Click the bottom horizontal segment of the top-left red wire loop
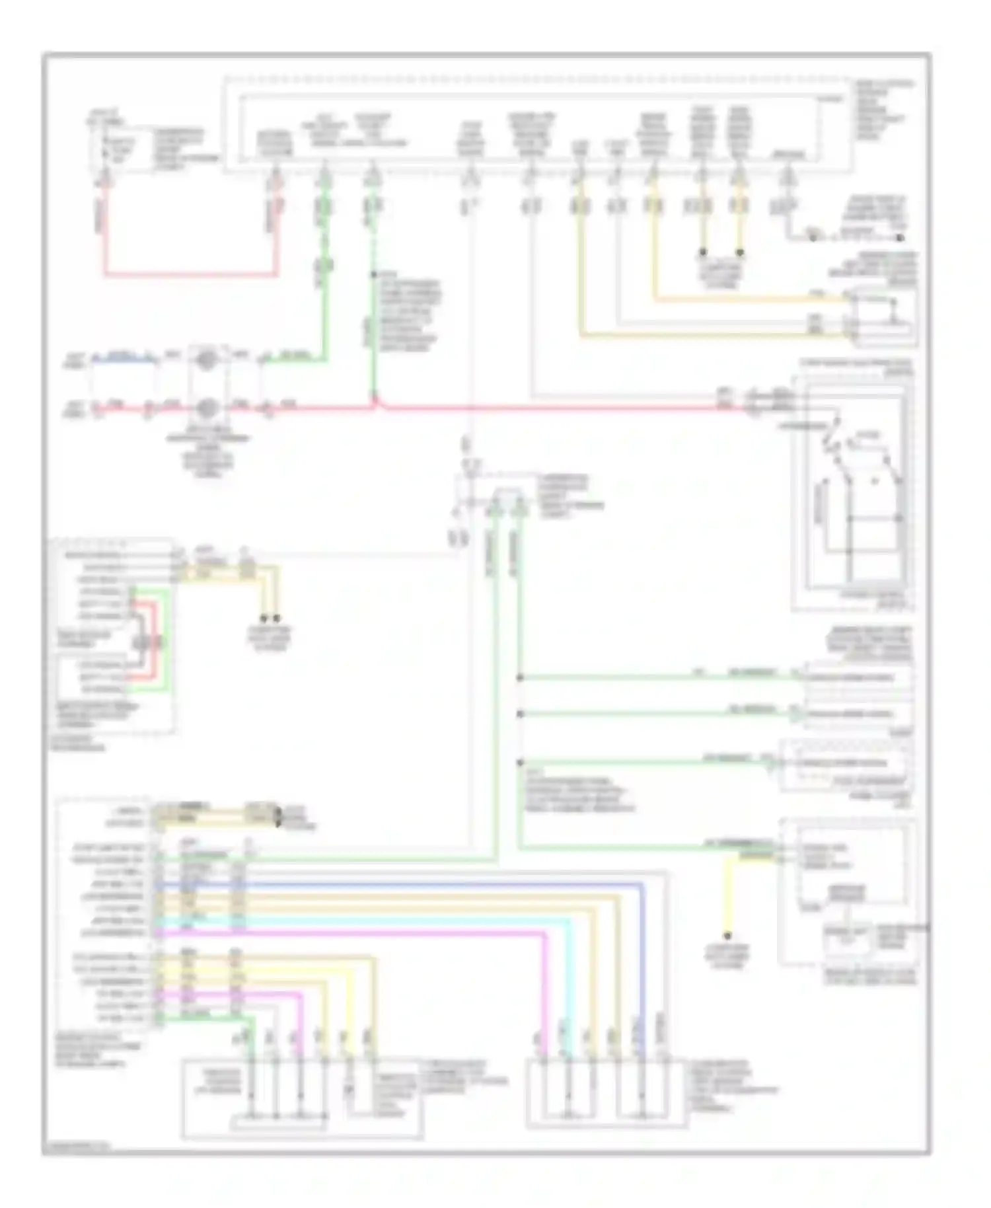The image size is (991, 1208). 192,274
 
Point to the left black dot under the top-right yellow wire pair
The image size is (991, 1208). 703,252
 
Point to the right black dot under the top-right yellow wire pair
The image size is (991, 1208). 740,252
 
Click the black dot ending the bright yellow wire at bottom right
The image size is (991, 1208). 728,936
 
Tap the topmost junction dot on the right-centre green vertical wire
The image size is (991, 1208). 521,677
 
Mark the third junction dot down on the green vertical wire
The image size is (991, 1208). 521,761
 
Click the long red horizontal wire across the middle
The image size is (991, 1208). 529,408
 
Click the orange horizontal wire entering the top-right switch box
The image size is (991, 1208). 747,300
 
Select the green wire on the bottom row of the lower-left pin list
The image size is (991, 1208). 198,1020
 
